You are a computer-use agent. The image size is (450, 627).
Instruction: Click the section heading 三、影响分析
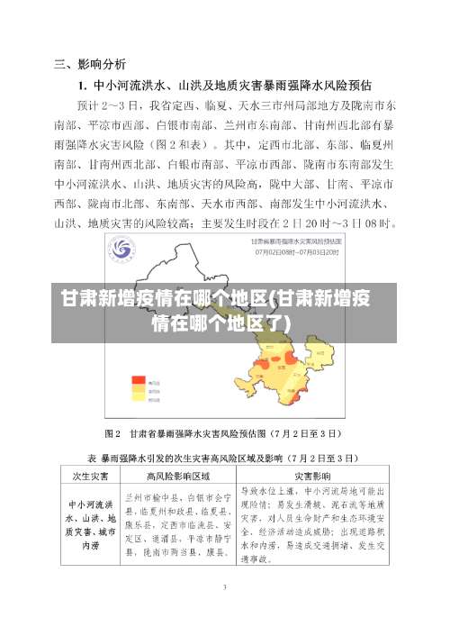coord(90,64)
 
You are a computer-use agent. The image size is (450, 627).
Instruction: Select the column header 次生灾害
coord(90,475)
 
